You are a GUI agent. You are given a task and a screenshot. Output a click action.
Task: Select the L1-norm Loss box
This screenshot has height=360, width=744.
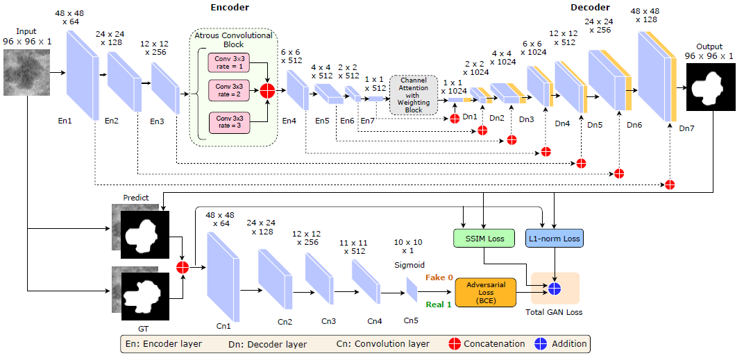[x=553, y=239]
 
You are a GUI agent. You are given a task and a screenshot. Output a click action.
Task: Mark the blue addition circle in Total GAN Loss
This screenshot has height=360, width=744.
[x=555, y=289]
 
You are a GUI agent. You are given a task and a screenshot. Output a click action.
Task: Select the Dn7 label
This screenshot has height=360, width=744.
[x=686, y=128]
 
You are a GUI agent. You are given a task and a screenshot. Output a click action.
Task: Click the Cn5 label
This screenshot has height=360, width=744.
[x=411, y=321]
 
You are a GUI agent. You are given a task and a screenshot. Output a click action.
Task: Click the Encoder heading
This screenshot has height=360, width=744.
[x=230, y=7]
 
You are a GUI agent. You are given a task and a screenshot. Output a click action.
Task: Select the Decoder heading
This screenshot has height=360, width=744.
[x=590, y=7]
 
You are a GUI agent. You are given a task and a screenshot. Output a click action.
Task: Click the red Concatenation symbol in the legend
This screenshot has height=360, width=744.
[x=454, y=343]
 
